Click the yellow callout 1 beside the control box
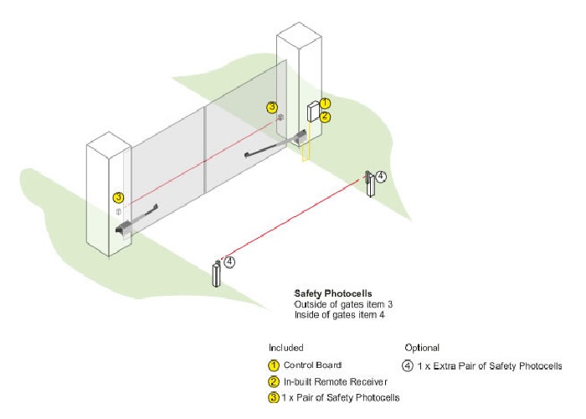click(325, 103)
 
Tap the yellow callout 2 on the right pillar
click(325, 117)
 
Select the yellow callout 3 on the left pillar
click(118, 198)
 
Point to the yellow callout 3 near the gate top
click(271, 107)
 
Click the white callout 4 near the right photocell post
click(381, 176)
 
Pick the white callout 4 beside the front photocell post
click(229, 261)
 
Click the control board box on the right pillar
click(313, 112)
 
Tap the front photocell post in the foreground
click(217, 273)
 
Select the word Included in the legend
click(285, 347)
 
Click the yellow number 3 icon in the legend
click(273, 397)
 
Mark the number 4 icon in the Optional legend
click(408, 365)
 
